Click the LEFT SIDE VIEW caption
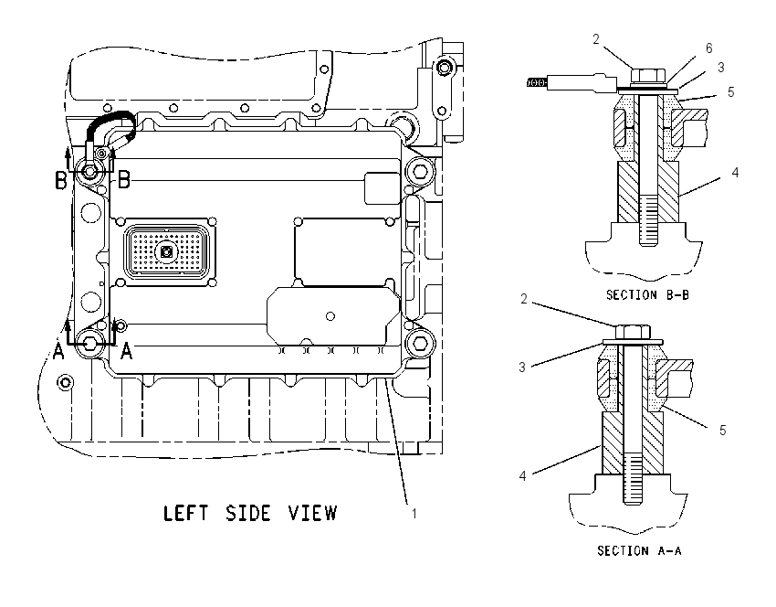250,514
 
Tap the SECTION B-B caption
647,295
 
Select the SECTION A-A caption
639,550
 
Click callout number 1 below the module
414,514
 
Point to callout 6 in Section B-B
708,48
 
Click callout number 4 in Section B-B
735,173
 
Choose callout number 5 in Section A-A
722,430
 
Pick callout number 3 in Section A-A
522,367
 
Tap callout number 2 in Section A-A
524,299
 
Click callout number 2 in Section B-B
596,39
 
